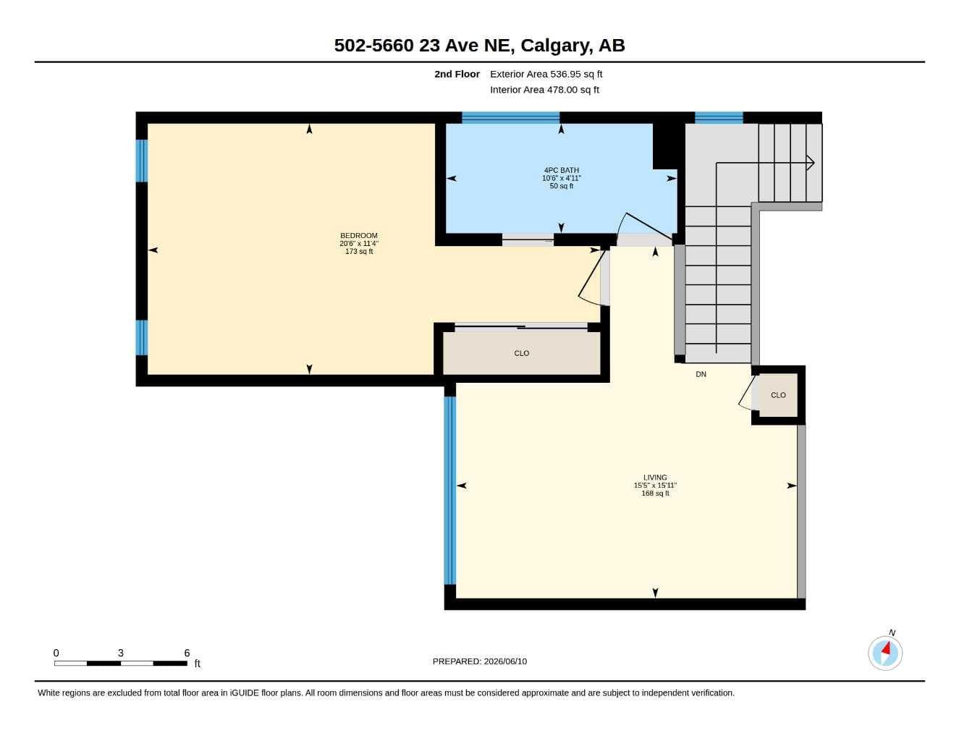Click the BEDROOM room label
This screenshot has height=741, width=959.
click(358, 235)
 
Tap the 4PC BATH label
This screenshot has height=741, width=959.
click(561, 170)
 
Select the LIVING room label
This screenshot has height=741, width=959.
click(655, 478)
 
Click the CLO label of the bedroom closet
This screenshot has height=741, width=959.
click(521, 353)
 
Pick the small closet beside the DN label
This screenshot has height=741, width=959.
click(778, 395)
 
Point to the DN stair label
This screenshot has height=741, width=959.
click(701, 374)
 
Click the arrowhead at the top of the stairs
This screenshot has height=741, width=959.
click(811, 163)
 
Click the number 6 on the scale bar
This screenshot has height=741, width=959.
click(187, 653)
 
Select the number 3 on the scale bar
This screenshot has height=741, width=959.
click(120, 653)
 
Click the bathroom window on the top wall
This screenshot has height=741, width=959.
click(510, 117)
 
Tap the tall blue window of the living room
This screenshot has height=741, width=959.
click(449, 491)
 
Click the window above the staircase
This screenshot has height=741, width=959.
click(719, 117)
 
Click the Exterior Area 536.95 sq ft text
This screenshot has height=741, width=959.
click(546, 74)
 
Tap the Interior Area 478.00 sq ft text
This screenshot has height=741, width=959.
click(544, 90)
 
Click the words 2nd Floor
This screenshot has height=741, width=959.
click(457, 74)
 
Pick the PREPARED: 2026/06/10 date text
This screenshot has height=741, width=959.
click(480, 661)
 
